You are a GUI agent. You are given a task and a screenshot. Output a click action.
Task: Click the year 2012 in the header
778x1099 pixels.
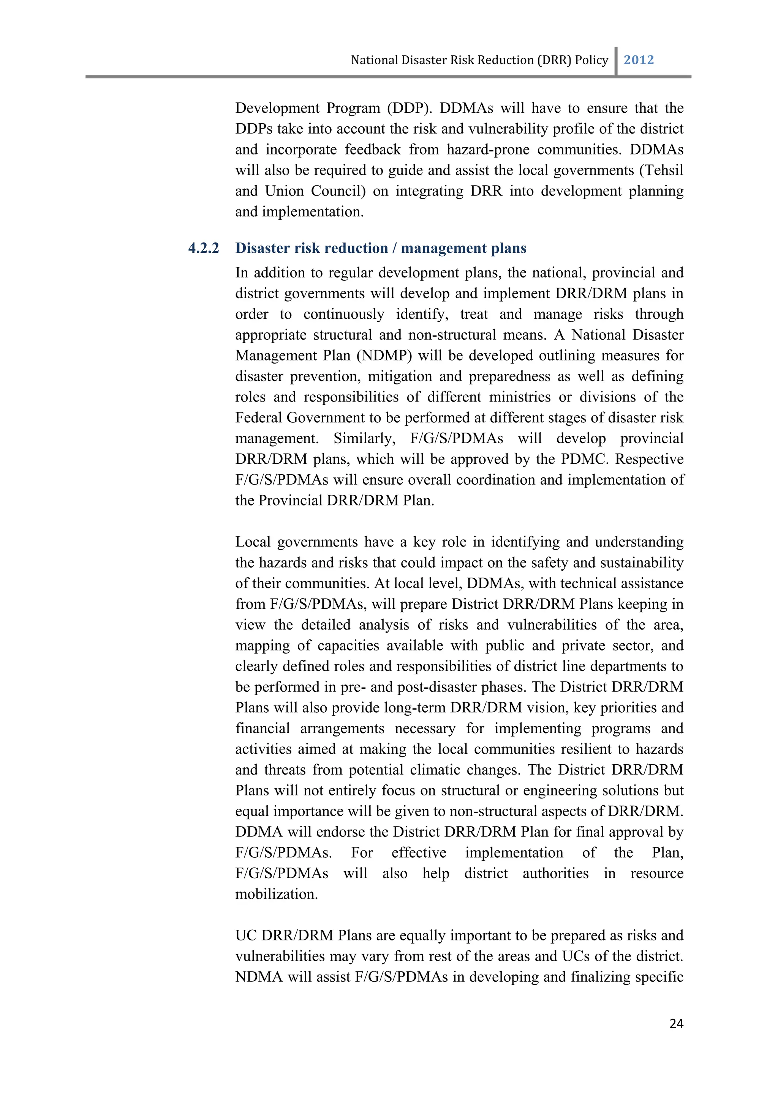[639, 60]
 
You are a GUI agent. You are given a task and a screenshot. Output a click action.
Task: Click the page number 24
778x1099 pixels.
[676, 1023]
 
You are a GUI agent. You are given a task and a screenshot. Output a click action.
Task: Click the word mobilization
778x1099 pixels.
[277, 894]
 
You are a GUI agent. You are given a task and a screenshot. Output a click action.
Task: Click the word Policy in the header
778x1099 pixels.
[591, 60]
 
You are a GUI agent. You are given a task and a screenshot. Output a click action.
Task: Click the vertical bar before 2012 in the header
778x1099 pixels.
[616, 61]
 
